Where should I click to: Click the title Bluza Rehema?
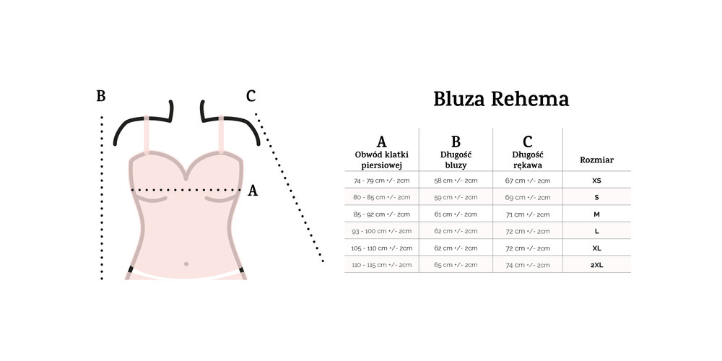(x=501, y=99)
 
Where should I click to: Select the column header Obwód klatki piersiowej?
(x=382, y=160)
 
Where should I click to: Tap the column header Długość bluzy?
(x=456, y=160)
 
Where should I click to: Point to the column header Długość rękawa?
(x=527, y=160)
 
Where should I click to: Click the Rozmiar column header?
(x=596, y=160)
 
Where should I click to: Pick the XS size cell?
(x=596, y=180)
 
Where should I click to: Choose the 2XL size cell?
(x=596, y=265)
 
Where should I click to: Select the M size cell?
(x=596, y=214)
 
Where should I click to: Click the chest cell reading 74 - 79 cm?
(x=382, y=180)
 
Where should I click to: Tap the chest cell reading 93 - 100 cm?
(x=382, y=231)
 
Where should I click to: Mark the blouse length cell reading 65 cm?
(x=456, y=265)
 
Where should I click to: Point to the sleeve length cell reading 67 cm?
(x=527, y=180)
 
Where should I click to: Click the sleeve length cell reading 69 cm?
(x=527, y=197)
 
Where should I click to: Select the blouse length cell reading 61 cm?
(x=456, y=214)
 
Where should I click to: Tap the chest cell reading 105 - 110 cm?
(x=382, y=248)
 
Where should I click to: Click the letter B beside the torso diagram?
(x=101, y=97)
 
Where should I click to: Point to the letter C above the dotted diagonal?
(x=251, y=97)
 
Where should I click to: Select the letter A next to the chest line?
(x=253, y=191)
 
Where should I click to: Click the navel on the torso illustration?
(x=186, y=264)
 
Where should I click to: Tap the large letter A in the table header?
(x=382, y=142)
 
